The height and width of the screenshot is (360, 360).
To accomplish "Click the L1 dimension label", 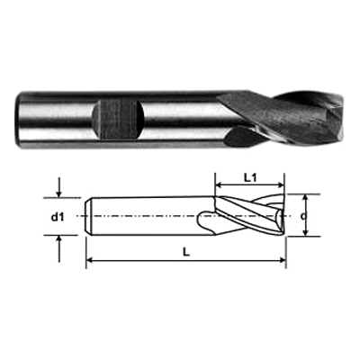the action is click(249, 178).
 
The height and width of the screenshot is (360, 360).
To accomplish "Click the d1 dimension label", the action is click(58, 217).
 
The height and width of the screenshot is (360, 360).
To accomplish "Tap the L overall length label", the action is click(186, 253).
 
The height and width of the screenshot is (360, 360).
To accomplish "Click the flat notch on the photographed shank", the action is click(118, 121).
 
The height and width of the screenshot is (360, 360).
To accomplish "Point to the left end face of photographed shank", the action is click(19, 120).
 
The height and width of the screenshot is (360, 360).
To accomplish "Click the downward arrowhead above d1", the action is click(59, 193).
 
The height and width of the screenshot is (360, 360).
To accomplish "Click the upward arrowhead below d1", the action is click(59, 239).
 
